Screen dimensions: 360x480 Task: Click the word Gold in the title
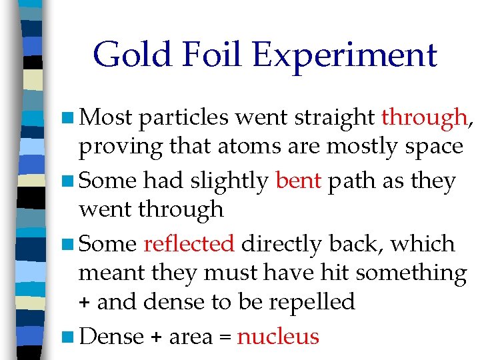tap(133, 55)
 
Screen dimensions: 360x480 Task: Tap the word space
tap(430, 147)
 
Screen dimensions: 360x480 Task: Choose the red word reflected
tap(189, 243)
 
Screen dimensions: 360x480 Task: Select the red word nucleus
tap(278, 337)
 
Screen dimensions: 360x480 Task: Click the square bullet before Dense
tap(70, 336)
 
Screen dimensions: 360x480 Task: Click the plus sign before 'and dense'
tap(85, 303)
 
